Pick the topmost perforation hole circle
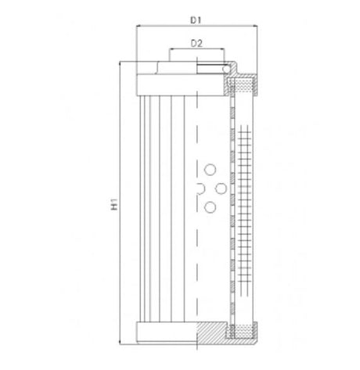[x=210, y=169]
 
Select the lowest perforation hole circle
[x=210, y=207]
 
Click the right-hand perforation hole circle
[x=219, y=188]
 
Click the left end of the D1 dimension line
[x=137, y=25]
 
